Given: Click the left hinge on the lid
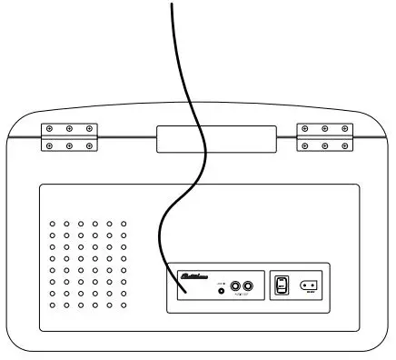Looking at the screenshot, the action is pos(69,137).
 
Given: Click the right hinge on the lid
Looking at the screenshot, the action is pos(324,137).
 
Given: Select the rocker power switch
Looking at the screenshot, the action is pos(282,285).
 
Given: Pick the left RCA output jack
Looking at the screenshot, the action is pos(236,285).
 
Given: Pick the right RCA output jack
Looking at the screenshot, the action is pos(248,285).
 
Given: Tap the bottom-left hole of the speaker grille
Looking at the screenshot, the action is pos(54,305).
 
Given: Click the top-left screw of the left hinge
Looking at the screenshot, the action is pos(49,129).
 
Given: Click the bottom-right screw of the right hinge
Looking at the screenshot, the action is pos(345,145).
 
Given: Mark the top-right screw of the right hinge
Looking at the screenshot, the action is pos(345,129).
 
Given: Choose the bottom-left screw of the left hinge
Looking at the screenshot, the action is pos(49,145).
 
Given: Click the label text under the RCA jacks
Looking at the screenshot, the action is pos(242,295).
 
